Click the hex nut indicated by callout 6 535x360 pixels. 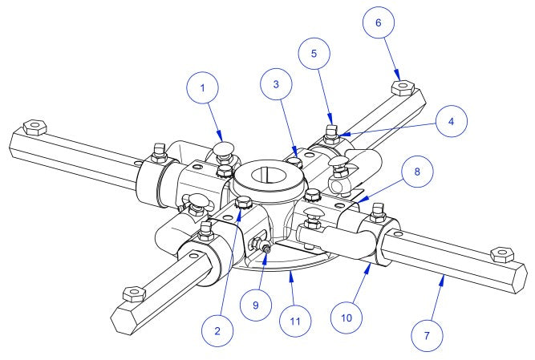click(x=401, y=86)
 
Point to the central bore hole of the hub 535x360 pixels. click(x=268, y=174)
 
